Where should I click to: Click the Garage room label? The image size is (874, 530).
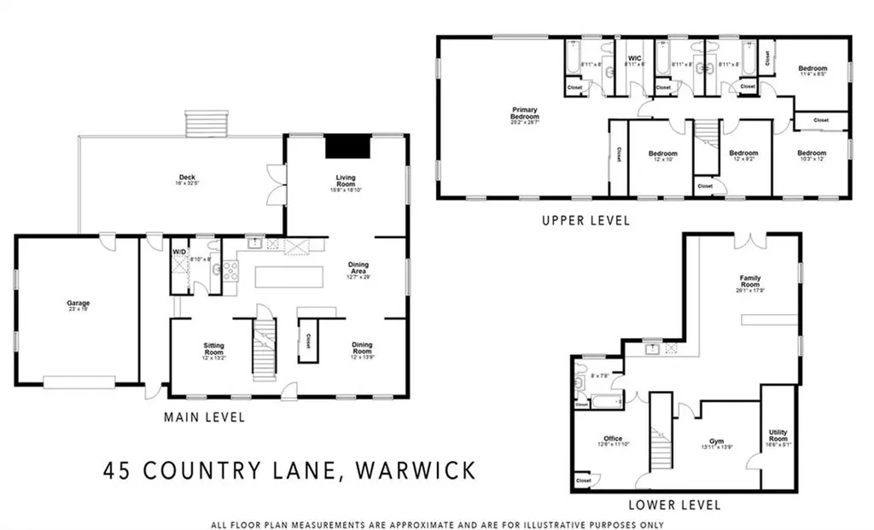[79, 303]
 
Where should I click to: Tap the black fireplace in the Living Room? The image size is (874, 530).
[346, 146]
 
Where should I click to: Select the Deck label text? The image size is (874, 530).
[175, 178]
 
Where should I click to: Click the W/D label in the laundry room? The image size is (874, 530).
[179, 252]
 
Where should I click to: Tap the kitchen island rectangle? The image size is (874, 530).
[289, 277]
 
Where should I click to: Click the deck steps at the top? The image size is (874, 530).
[208, 122]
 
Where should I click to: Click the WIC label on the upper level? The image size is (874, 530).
[634, 57]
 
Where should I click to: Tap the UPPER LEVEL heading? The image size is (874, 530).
[586, 220]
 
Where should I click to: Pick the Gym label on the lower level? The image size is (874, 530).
[716, 440]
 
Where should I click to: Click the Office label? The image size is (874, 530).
[612, 440]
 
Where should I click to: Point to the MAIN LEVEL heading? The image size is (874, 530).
[204, 417]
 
